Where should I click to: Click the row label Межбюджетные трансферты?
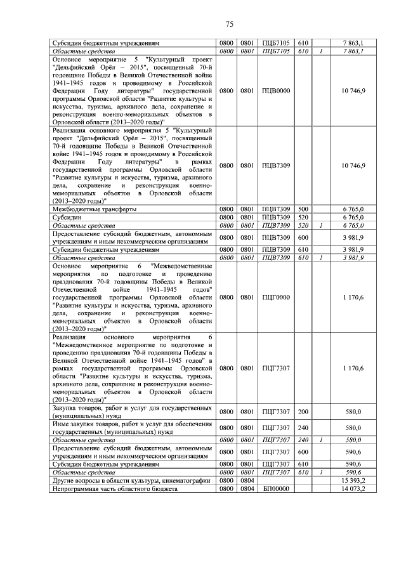tap(95, 209)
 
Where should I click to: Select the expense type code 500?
tap(303, 209)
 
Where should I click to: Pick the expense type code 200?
tap(303, 412)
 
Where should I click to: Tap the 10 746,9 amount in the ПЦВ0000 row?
tap(353, 91)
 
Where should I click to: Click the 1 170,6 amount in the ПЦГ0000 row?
tap(353, 296)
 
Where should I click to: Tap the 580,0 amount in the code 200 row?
tap(354, 412)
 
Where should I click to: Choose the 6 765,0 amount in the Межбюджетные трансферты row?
tap(353, 209)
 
